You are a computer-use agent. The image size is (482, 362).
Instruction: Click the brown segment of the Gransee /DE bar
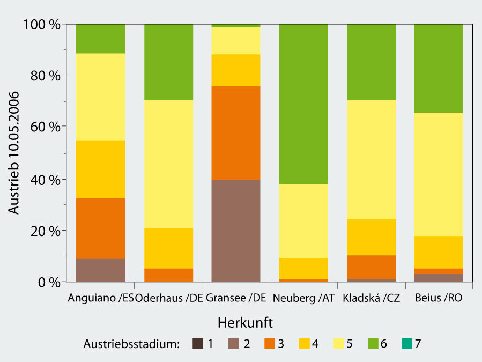(x=236, y=231)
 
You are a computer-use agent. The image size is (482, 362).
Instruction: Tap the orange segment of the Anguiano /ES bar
(x=100, y=228)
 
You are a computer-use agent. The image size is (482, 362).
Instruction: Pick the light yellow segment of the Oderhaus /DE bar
(x=168, y=164)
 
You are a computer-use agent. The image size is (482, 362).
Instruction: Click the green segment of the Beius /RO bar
(x=438, y=69)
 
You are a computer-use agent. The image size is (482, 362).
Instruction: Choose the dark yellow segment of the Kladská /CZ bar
(x=371, y=237)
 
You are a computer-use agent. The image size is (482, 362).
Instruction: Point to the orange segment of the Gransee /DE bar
(x=236, y=132)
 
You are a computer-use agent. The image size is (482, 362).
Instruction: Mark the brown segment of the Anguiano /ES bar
(x=100, y=270)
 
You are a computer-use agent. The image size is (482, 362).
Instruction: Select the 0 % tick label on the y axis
(x=46, y=282)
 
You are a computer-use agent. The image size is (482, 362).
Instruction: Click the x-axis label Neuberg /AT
(x=303, y=298)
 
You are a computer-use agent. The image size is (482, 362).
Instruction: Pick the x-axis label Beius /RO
(x=438, y=298)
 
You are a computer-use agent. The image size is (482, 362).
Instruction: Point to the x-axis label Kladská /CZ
(x=371, y=298)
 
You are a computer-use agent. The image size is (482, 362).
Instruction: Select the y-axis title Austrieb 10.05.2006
(x=14, y=152)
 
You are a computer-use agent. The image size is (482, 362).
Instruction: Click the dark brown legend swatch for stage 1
(x=198, y=344)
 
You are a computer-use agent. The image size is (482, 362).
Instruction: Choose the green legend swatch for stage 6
(x=373, y=344)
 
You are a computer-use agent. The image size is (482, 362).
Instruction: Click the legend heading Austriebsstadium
(x=131, y=344)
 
